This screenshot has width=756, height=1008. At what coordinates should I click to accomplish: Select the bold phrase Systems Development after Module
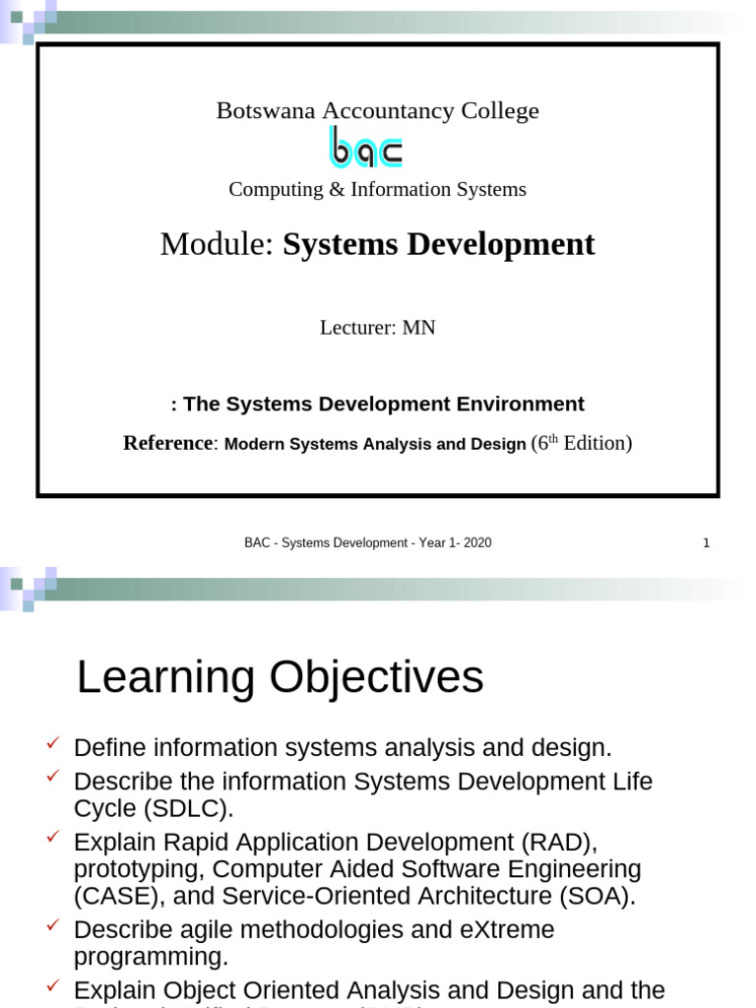[438, 244]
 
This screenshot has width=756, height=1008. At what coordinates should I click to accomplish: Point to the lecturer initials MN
[418, 328]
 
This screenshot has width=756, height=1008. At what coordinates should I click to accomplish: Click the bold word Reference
[167, 443]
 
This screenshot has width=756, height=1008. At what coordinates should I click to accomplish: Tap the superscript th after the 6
[553, 438]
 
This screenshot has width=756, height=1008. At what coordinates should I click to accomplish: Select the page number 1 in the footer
[706, 542]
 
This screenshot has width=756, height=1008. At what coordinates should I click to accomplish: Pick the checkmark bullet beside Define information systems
[53, 742]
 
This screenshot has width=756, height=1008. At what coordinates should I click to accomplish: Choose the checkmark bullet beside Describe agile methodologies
[53, 924]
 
